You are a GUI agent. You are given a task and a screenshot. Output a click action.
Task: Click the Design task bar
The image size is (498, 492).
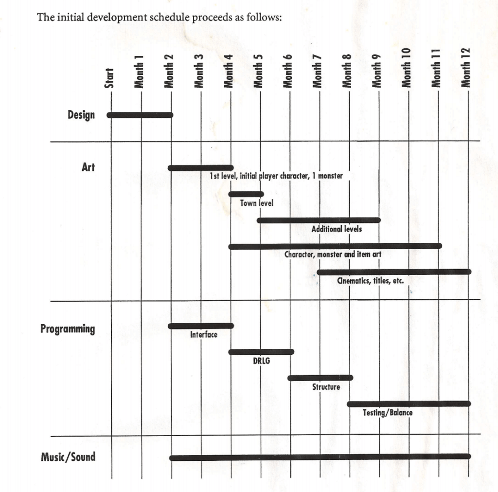pos(140,115)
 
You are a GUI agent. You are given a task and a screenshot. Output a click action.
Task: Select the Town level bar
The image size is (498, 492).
pos(246,194)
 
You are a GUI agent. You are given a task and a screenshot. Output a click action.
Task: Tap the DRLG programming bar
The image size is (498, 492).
pos(261,352)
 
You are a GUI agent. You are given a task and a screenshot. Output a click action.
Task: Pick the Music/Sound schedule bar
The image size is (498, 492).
pos(320,457)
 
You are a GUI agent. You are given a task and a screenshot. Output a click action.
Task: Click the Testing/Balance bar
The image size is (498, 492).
pos(409,403)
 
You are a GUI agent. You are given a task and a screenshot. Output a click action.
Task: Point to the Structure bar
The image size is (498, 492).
pos(320,378)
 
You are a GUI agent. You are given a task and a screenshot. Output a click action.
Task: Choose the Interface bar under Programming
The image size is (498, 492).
pos(201,326)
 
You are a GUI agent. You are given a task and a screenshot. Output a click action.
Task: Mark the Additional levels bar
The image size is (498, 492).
pos(319,220)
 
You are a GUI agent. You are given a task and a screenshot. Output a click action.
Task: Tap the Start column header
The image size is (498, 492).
pos(110,78)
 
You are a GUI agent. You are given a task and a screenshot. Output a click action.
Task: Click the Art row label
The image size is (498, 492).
pos(88,167)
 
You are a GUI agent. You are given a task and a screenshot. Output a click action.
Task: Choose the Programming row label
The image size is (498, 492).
pos(68,329)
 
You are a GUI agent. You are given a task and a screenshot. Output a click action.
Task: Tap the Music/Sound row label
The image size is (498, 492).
pos(68,457)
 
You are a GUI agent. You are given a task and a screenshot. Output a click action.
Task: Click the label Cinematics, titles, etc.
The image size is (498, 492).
pos(370,281)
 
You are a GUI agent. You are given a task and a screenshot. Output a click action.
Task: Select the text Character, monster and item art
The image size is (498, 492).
pos(333,254)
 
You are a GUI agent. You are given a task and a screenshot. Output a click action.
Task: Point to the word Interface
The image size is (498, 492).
pos(204,335)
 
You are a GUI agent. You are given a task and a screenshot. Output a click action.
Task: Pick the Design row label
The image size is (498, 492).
pos(81,115)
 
